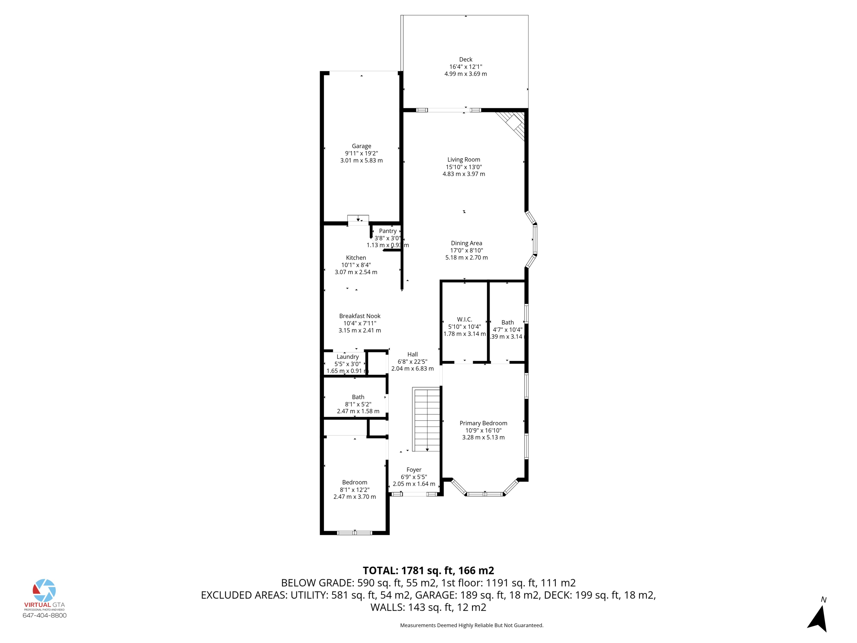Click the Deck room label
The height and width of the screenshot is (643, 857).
click(x=465, y=59)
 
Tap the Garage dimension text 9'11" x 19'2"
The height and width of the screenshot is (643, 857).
click(x=361, y=153)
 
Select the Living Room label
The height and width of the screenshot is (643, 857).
click(x=464, y=159)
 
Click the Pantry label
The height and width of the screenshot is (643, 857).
click(x=387, y=231)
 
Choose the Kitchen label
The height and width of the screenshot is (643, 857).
click(x=356, y=258)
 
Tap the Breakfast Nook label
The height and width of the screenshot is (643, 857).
click(x=359, y=316)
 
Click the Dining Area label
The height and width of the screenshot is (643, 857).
click(x=466, y=243)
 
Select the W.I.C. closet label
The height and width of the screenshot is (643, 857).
click(x=464, y=319)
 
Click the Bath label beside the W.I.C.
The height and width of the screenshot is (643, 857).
click(x=507, y=322)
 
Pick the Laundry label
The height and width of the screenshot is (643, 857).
click(x=347, y=357)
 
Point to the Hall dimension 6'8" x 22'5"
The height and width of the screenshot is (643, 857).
click(x=412, y=362)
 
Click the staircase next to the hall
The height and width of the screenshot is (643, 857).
click(x=426, y=419)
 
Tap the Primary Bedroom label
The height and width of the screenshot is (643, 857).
click(x=483, y=423)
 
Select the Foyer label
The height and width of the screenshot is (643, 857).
click(x=413, y=470)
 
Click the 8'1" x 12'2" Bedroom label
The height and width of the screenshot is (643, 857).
click(x=354, y=483)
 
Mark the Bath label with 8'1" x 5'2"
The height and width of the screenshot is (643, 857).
click(x=358, y=397)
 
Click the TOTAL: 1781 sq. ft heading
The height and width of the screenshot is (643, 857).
click(x=428, y=571)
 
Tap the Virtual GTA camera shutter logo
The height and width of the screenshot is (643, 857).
click(x=44, y=590)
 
